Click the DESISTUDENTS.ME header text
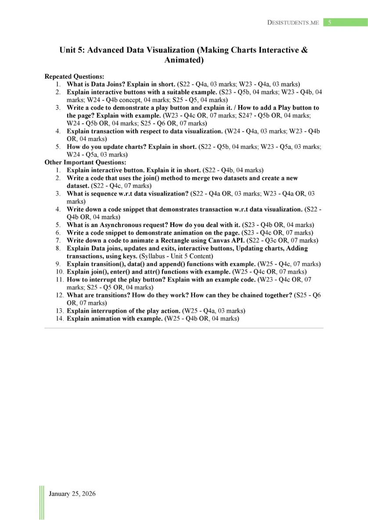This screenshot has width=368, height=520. pos(293,22)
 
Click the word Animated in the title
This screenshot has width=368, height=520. pos(184,60)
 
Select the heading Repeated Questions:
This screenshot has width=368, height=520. pos(74,76)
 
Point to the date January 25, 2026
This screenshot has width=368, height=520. pos(72,494)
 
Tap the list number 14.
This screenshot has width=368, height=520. pos(59,319)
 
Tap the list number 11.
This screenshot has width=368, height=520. pos(59,280)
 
